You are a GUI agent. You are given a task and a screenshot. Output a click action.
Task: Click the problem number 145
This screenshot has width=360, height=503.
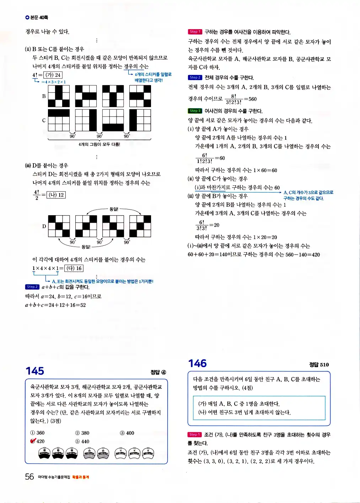35,371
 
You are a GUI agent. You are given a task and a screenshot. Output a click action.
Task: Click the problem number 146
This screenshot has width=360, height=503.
198,363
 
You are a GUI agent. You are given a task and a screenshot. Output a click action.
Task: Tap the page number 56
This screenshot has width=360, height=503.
29,477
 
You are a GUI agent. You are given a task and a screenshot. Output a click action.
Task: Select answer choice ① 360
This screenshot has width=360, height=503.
38,433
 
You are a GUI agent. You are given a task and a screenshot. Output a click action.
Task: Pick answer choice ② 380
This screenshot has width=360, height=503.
82,433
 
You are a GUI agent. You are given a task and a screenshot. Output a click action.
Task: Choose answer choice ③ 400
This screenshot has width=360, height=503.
127,433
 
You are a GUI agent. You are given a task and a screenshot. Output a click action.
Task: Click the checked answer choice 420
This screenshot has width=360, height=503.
38,441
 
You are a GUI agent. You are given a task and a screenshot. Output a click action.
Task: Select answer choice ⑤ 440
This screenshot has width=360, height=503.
82,441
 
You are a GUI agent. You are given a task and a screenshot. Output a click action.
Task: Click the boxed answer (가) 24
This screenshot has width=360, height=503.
53,75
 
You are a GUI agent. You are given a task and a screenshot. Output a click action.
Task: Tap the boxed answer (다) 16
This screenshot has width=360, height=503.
74,268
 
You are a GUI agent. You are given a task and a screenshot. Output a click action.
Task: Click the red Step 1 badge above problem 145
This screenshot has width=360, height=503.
195,32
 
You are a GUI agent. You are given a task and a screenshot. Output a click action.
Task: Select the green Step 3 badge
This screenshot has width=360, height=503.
195,111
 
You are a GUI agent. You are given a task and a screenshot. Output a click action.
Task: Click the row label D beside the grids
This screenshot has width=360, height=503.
44,226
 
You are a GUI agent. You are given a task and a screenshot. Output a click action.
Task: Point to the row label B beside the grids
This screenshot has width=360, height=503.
44,96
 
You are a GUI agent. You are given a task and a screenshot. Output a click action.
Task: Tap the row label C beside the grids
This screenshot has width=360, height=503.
44,120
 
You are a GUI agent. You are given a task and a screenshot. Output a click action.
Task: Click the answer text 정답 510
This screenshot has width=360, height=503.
319,365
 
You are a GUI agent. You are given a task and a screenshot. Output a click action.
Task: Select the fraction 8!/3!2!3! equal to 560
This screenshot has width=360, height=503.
233,99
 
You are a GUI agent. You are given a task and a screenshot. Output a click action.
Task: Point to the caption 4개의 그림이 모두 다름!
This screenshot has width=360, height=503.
99,144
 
